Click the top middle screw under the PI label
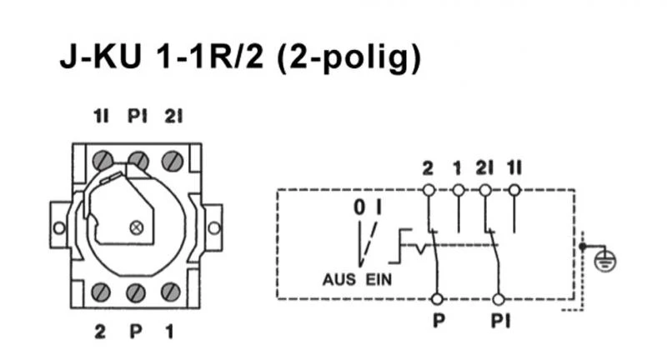coord(138,158)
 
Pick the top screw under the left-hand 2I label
coord(173,158)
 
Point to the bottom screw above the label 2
coord(102,292)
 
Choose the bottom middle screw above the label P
coord(137,292)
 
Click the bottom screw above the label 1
coord(170,292)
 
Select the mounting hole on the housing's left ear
coord(58,227)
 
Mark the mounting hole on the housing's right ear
coord(214,227)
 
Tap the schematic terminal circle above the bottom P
coord(435,298)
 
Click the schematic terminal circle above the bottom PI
coord(498,298)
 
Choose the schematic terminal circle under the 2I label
coord(486,190)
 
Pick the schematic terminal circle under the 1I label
coord(514,190)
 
